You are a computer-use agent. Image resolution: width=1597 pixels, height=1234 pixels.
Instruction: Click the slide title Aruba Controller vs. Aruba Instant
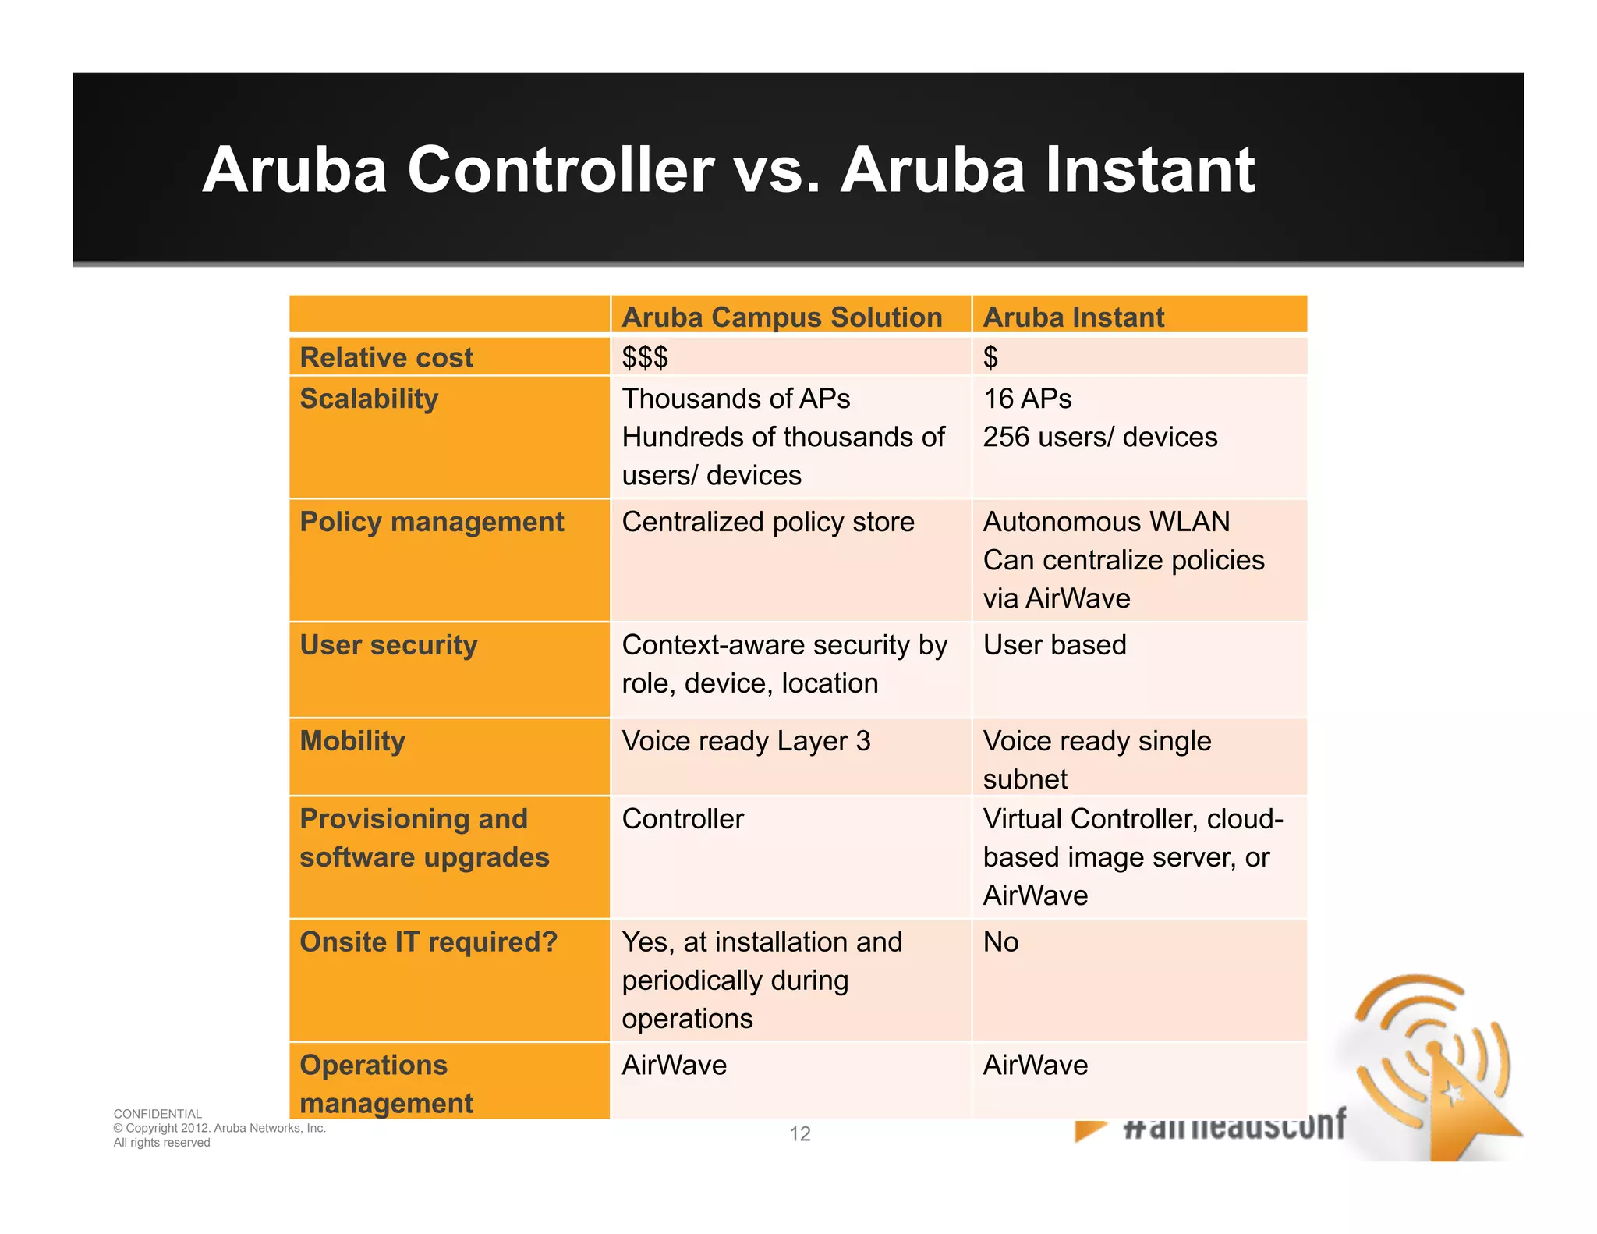click(728, 169)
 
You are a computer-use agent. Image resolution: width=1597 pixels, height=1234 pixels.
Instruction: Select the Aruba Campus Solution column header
click(781, 317)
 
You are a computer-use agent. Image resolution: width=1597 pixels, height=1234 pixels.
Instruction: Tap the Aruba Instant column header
click(1073, 317)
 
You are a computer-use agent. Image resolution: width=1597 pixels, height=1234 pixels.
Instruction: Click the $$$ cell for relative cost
click(645, 357)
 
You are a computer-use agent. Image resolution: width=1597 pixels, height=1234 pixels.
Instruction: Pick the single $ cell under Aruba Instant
click(990, 357)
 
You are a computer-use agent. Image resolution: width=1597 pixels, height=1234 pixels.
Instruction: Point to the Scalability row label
click(369, 399)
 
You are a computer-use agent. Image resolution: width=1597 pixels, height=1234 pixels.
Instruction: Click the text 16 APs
click(1027, 399)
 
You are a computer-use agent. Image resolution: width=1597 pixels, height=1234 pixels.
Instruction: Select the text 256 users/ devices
click(1099, 437)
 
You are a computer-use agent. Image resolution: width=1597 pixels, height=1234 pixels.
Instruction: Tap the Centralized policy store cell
click(767, 522)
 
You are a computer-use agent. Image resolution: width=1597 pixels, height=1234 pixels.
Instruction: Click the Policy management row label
click(431, 522)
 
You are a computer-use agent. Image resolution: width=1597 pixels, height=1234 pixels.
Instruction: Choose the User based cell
click(1054, 645)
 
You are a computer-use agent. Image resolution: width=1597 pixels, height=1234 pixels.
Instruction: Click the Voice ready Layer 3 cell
click(745, 741)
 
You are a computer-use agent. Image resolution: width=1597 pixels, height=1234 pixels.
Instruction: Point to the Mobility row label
click(352, 741)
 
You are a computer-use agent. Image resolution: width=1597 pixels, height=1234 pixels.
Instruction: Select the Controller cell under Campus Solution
click(682, 819)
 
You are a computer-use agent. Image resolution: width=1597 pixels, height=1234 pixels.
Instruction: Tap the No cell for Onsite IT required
click(1000, 942)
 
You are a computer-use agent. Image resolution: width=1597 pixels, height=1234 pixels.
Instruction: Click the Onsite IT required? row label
click(428, 942)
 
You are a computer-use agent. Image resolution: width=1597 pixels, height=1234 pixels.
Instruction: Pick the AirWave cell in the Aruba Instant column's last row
click(1035, 1066)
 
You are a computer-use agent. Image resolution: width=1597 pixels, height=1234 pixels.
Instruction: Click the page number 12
click(800, 1134)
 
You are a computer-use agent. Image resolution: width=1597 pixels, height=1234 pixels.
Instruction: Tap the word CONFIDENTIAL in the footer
click(158, 1114)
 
